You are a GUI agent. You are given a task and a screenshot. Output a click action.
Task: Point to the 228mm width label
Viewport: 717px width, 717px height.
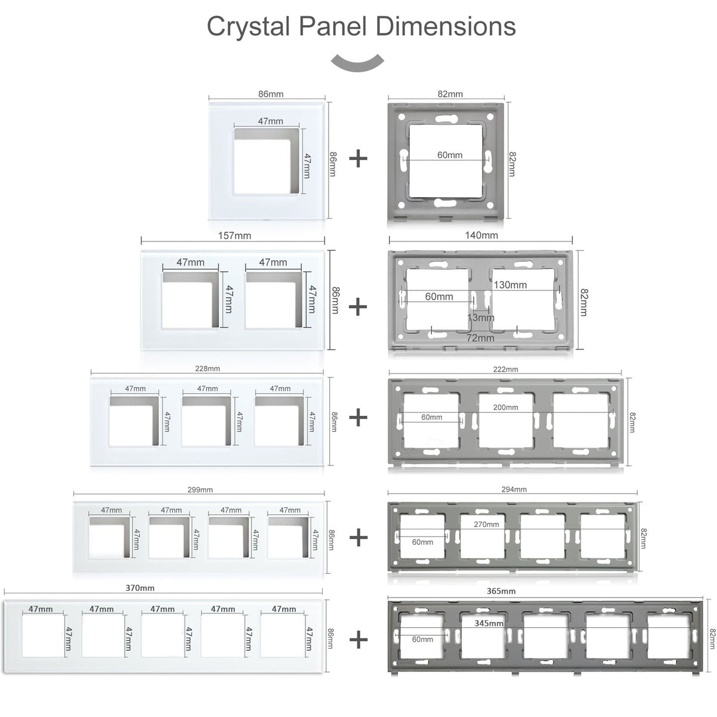tap(207, 369)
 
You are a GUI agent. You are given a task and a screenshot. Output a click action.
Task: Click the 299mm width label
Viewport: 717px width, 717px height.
tap(200, 490)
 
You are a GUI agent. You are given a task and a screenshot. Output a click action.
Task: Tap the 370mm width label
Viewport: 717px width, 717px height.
tap(140, 588)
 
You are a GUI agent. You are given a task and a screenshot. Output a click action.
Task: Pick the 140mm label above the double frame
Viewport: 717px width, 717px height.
tap(482, 235)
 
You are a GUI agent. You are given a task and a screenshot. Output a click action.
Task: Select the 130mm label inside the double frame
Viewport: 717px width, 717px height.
tap(510, 285)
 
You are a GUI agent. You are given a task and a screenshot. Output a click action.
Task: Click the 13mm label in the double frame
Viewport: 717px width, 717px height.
tap(481, 318)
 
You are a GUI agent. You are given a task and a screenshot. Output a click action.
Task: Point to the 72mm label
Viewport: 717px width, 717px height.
tap(480, 338)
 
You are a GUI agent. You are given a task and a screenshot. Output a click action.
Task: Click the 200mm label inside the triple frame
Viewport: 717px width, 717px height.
tap(505, 407)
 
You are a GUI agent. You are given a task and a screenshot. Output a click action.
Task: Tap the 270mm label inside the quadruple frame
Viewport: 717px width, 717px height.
tap(486, 525)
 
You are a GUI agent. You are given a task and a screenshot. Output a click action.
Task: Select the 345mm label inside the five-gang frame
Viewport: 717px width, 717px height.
tap(489, 623)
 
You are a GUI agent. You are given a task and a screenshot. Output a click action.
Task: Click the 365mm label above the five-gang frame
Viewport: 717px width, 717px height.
tap(501, 592)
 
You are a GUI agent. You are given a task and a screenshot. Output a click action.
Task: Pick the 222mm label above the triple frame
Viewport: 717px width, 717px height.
tap(505, 369)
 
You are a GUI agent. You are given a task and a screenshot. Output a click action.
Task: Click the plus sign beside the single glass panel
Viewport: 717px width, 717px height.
tap(358, 159)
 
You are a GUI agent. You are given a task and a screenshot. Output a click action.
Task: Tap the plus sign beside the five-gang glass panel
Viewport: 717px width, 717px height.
tap(358, 641)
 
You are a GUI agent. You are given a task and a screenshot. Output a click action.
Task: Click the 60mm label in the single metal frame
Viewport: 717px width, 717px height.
tap(449, 155)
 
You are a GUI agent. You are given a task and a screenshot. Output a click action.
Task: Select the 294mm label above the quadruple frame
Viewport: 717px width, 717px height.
tap(514, 489)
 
